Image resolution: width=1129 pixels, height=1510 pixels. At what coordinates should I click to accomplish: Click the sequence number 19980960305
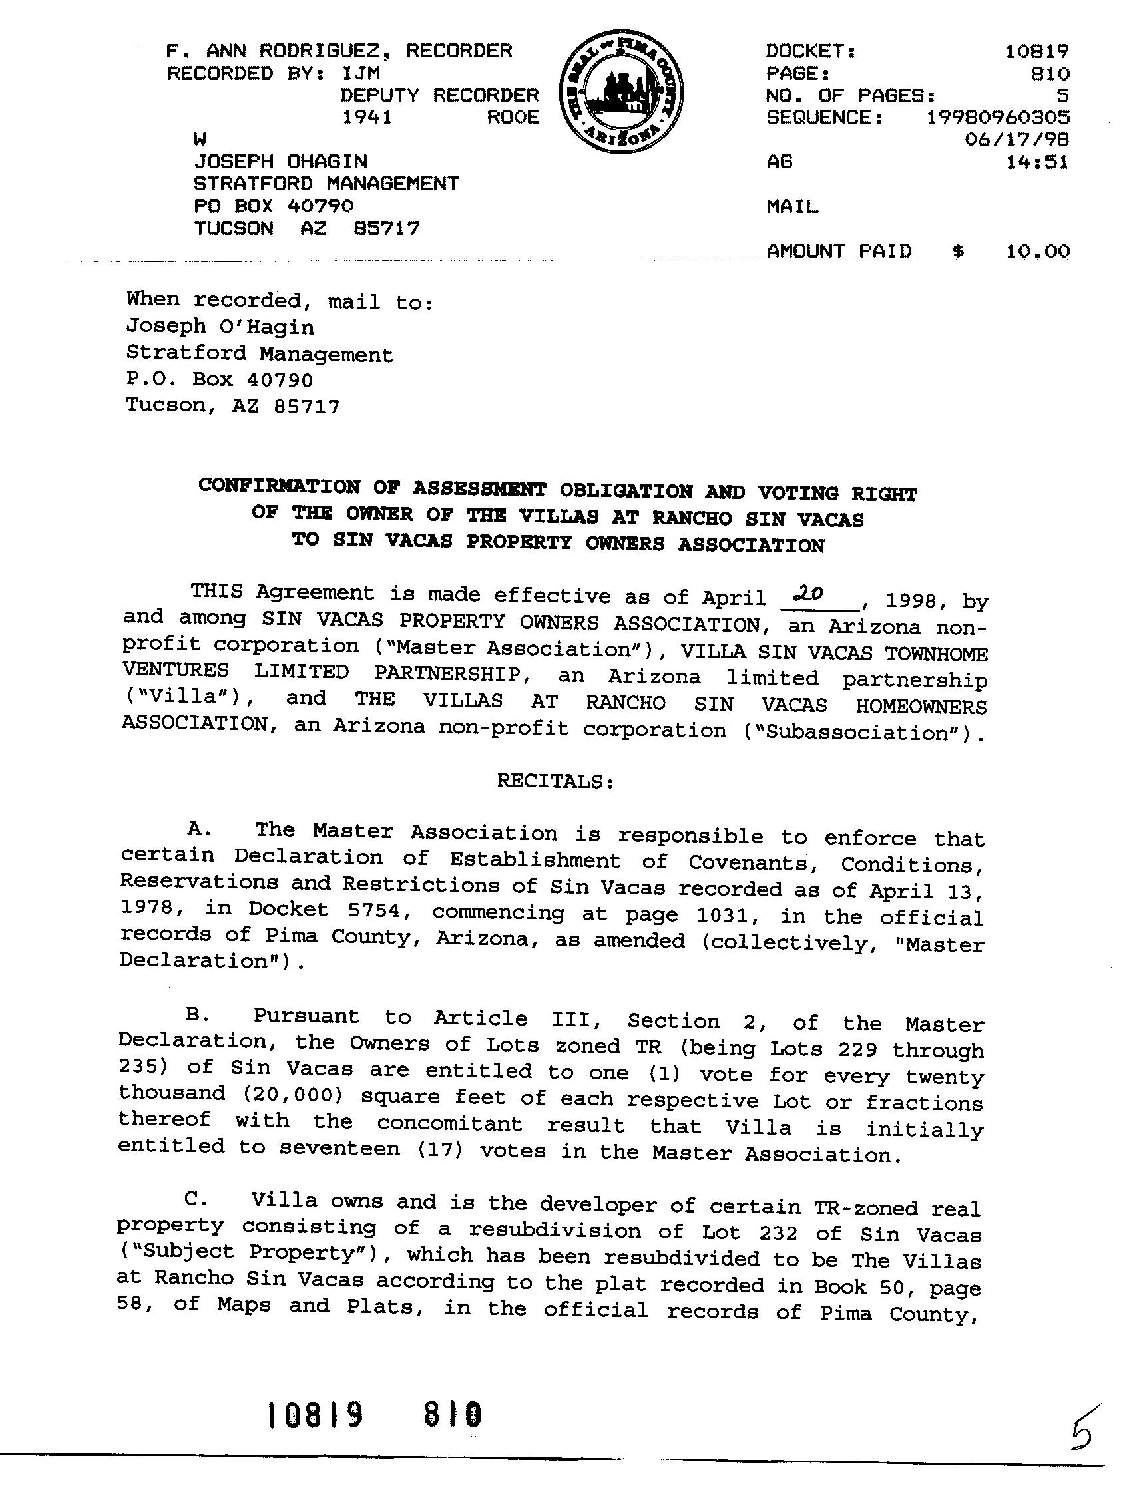997,117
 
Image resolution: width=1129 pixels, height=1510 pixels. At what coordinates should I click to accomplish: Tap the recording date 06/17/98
1016,140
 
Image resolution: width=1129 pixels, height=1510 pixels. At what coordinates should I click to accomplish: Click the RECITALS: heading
555,781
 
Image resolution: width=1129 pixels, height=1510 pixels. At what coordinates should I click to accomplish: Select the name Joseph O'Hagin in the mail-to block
220,327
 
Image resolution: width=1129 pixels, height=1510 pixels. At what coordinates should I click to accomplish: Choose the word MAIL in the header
792,206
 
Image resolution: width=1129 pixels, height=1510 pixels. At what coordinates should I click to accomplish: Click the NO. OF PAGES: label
849,96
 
